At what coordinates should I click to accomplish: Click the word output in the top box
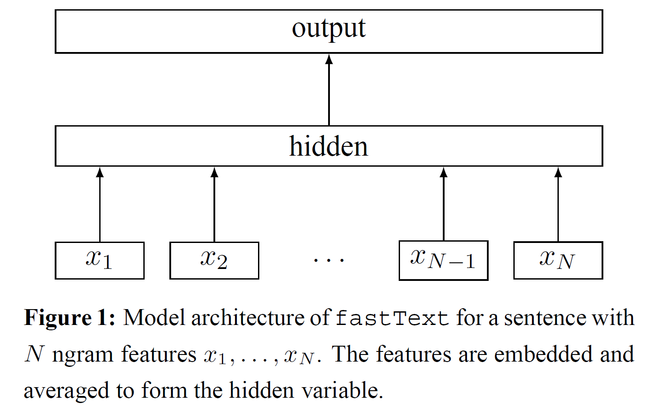pos(329,29)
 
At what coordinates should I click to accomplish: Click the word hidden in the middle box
pos(329,146)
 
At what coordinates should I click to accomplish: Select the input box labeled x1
pos(100,260)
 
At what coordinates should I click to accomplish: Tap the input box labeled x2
pos(214,260)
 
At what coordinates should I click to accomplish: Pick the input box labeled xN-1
pos(443,260)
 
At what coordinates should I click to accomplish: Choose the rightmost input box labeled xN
pos(558,260)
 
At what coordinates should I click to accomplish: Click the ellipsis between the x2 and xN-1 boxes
pos(329,260)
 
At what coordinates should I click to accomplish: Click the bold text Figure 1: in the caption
pos(70,318)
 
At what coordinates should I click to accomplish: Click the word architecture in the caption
pos(248,318)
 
